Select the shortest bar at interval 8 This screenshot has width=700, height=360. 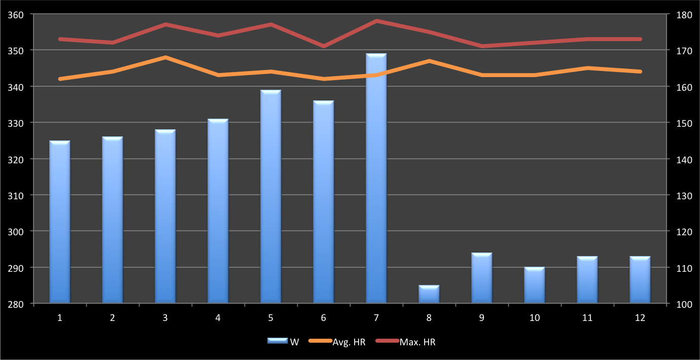coord(429,295)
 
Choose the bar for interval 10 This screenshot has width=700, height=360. coord(534,285)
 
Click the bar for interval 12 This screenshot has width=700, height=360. coord(640,280)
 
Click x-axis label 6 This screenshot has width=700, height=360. coord(323,318)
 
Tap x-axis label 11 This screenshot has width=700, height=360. coord(587,318)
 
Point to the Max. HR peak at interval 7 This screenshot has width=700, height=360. coord(376,21)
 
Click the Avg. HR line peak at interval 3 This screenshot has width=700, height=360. coord(165,57)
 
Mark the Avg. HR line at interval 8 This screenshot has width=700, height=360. coord(429,61)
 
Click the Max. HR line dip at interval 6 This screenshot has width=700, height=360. coord(323,46)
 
